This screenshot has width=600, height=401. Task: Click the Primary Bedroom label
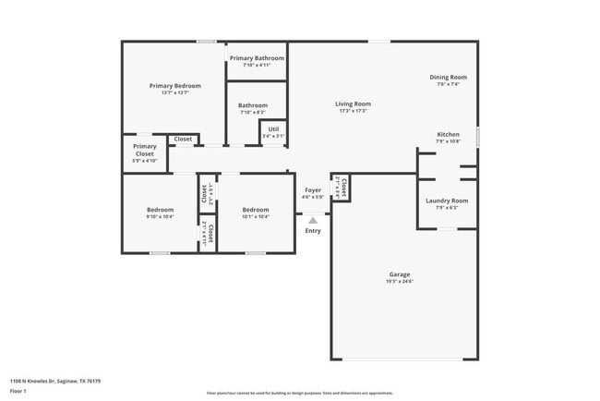(175, 86)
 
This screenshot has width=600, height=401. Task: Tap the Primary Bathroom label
(257, 58)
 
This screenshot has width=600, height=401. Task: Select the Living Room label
(353, 103)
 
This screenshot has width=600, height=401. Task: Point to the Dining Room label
(448, 78)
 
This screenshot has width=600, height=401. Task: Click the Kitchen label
(448, 135)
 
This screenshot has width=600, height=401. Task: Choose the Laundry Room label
(447, 200)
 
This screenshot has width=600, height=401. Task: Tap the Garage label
(400, 274)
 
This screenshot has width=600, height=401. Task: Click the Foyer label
(313, 190)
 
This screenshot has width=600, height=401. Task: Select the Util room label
(273, 129)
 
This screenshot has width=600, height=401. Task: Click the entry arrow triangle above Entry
(313, 220)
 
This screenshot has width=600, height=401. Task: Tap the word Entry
(313, 231)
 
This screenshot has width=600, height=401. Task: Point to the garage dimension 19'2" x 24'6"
(400, 282)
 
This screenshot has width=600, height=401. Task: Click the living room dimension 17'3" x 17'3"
(353, 111)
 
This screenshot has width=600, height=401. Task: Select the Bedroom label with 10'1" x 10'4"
(256, 210)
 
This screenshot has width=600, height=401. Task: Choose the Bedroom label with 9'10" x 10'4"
(160, 210)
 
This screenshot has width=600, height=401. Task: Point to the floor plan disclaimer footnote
(299, 393)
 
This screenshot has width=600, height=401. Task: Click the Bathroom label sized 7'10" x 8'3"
(253, 105)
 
